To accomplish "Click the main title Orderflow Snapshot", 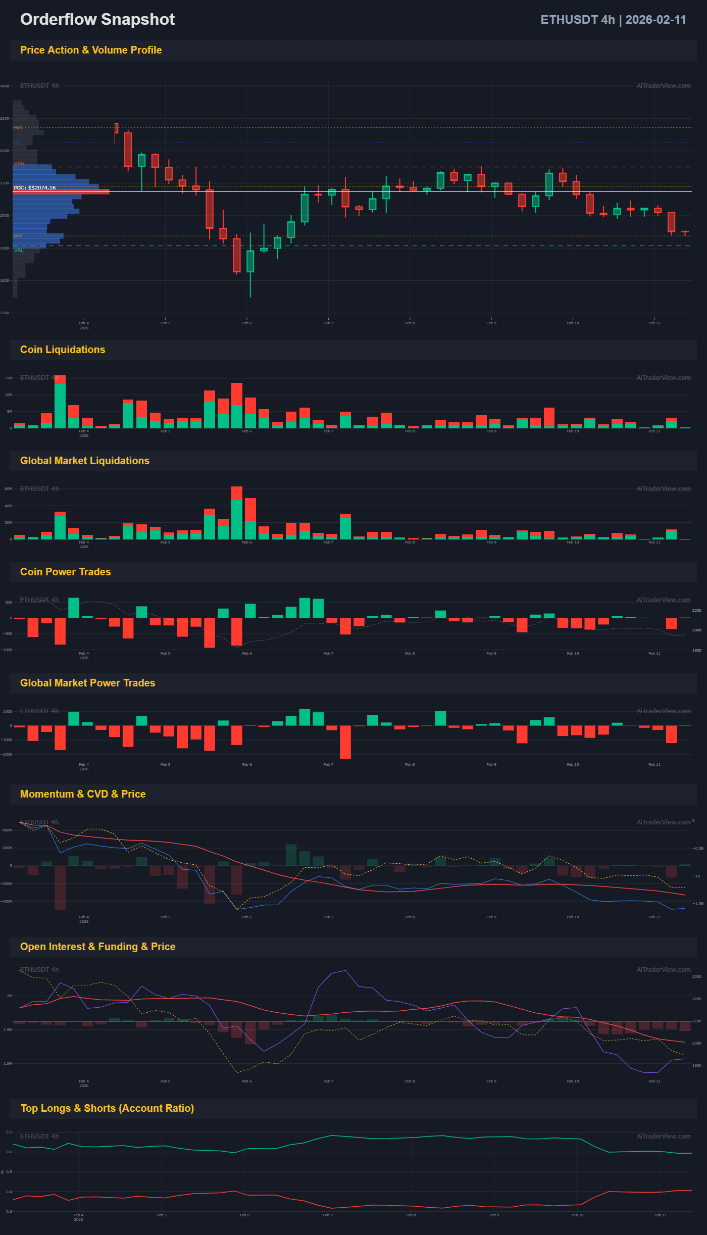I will pyautogui.click(x=97, y=19).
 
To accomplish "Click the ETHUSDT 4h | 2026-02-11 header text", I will pyautogui.click(x=613, y=20).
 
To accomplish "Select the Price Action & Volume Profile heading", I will pyautogui.click(x=91, y=50).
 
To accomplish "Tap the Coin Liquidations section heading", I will pyautogui.click(x=63, y=350).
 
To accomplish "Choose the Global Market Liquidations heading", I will pyautogui.click(x=85, y=461).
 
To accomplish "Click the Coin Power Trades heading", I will pyautogui.click(x=66, y=572).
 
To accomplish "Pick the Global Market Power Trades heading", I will pyautogui.click(x=88, y=683).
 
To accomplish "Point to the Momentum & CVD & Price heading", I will pyautogui.click(x=83, y=794).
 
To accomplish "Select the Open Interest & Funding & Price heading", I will pyautogui.click(x=98, y=947).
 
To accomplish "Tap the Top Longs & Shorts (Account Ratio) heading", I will pyautogui.click(x=107, y=1108).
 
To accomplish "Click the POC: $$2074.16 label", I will pyautogui.click(x=35, y=188).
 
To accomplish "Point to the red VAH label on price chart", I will pyautogui.click(x=19, y=164).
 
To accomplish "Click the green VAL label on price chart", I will pyautogui.click(x=19, y=250).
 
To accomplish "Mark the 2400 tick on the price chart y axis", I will pyautogui.click(x=5, y=86).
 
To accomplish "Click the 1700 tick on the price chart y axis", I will pyautogui.click(x=5, y=313).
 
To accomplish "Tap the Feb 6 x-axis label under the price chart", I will pyautogui.click(x=247, y=323).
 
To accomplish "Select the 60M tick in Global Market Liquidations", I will pyautogui.click(x=8, y=489).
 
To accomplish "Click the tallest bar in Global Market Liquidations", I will pyautogui.click(x=237, y=513).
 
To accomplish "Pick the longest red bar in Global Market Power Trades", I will pyautogui.click(x=345, y=742).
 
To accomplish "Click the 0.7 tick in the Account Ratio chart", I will pyautogui.click(x=9, y=1132).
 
